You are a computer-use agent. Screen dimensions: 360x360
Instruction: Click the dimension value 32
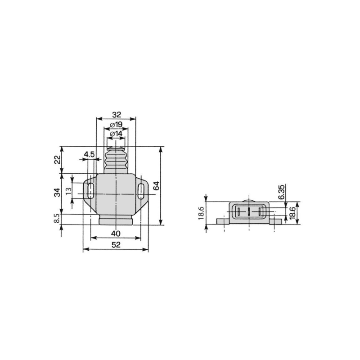coord(117,114)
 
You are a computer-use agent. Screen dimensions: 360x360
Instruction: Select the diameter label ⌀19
coord(116,125)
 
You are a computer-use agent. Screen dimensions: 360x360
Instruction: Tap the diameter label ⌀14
coord(116,134)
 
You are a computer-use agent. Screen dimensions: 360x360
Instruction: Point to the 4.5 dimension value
coord(89,154)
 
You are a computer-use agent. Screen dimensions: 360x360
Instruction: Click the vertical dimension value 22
coord(58,159)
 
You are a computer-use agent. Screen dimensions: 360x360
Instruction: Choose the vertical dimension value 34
coord(58,193)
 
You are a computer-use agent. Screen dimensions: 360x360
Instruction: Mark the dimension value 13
coord(68,191)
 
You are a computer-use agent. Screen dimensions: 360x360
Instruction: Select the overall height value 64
coord(156,185)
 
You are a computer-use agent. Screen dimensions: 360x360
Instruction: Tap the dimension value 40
coord(116,234)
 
